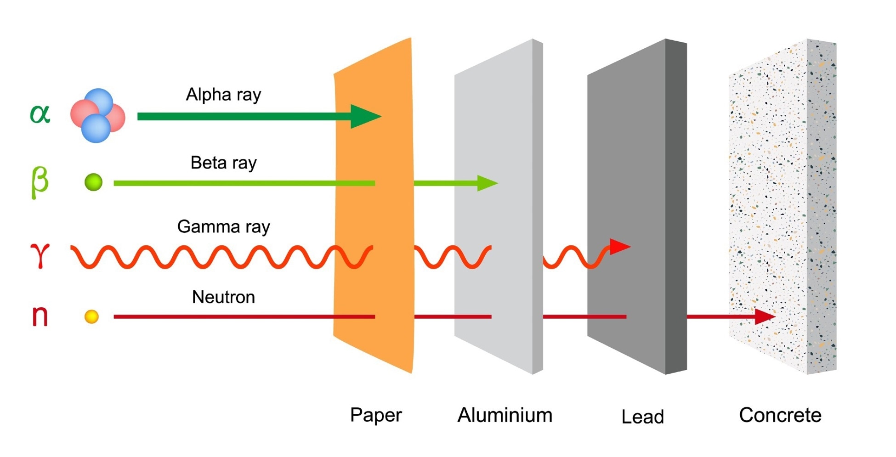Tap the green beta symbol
pos(40,182)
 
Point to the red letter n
pos(40,316)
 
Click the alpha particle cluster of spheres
pos(97,116)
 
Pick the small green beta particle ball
pos(93,182)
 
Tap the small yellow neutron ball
pos(91,316)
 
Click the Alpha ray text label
pos(223,95)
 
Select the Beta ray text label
pos(223,163)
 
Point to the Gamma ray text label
pos(223,227)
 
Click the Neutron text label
pos(223,297)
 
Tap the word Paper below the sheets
pos(376,415)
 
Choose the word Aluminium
pos(505,415)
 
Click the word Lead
pos(642,417)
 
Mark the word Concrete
pos(780,415)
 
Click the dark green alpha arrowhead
pos(364,116)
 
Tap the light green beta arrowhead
pos(486,183)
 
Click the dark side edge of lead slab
pos(676,207)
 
